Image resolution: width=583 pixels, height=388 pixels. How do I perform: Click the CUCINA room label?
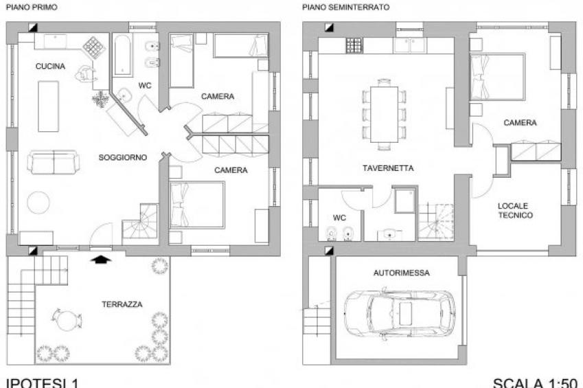(50, 66)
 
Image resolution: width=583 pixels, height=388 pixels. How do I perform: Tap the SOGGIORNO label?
(123, 157)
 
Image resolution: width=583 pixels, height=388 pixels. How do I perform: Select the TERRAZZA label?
(122, 304)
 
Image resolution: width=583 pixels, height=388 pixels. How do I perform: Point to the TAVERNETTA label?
(388, 168)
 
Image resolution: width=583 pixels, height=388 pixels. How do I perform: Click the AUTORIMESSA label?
(402, 273)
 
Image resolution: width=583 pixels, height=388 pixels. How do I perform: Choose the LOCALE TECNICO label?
(515, 211)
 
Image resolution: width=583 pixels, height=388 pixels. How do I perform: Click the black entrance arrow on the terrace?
(101, 259)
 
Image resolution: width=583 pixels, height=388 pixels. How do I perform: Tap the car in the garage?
(400, 314)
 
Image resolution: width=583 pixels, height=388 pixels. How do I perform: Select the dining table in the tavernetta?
(384, 114)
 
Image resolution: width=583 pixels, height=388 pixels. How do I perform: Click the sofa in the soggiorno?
(54, 162)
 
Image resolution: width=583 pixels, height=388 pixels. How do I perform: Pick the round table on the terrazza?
(67, 320)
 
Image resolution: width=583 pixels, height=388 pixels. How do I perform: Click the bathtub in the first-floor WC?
(123, 55)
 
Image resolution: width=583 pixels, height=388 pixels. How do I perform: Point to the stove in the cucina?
(93, 47)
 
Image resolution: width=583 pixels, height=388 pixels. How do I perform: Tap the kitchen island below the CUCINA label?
(48, 106)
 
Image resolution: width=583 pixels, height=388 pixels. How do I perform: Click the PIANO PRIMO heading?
(32, 7)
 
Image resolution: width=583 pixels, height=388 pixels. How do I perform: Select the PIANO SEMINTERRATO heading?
(346, 7)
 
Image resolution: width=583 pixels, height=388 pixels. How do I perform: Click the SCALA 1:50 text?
(535, 383)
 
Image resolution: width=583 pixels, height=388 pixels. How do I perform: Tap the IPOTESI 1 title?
(42, 383)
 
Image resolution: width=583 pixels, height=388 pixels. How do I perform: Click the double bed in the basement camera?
(497, 77)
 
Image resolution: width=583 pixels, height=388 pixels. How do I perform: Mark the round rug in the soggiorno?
(38, 203)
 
